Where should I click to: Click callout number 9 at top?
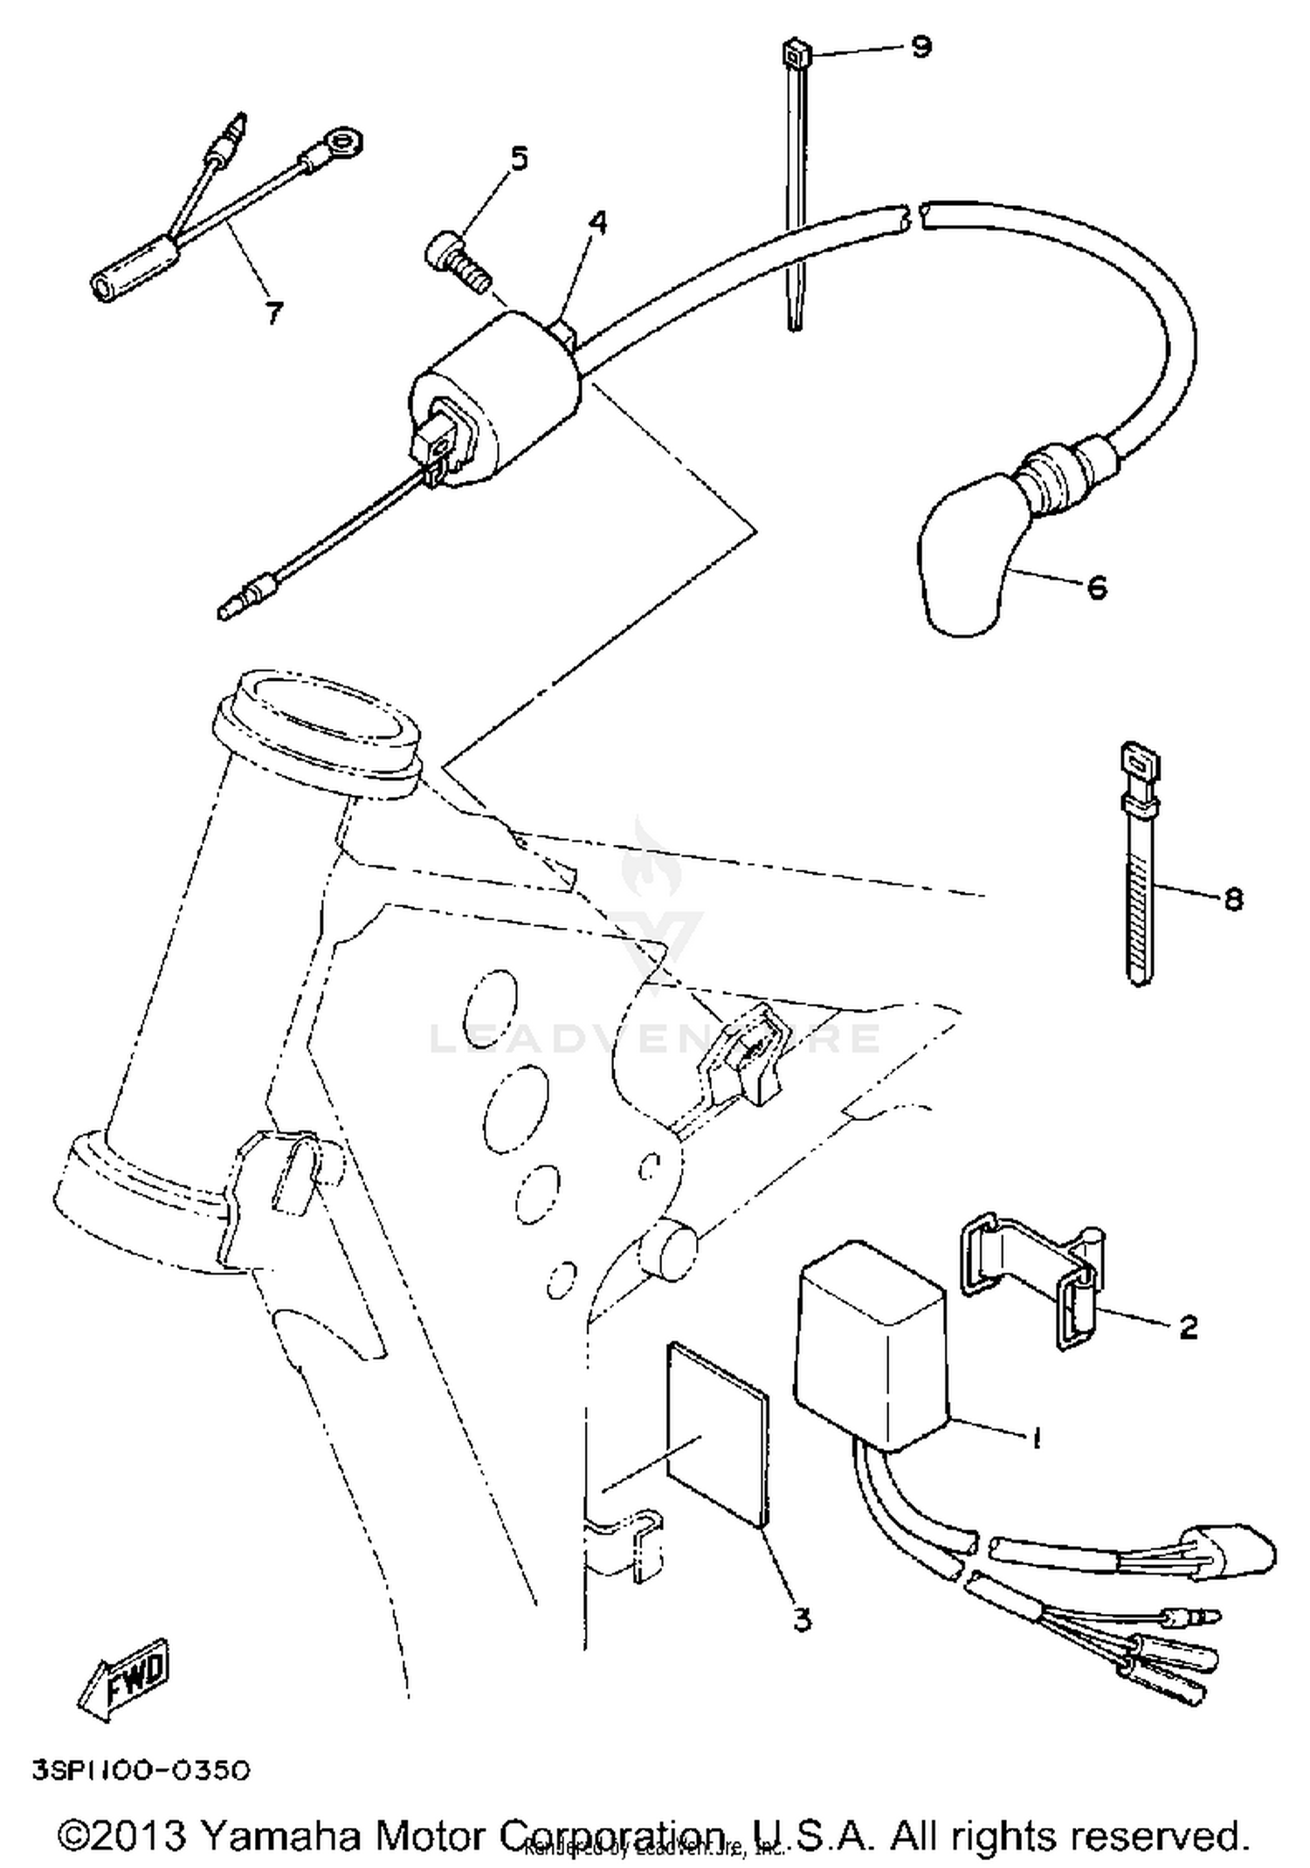[920, 45]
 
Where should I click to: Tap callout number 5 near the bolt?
[519, 159]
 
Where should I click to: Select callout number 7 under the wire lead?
[274, 312]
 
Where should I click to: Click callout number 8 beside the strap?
[1233, 898]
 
